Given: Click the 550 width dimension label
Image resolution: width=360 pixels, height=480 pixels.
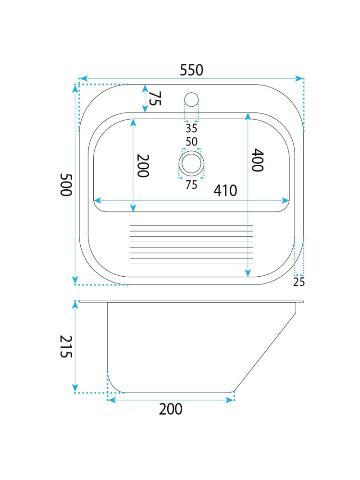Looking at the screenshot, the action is pyautogui.click(x=191, y=70).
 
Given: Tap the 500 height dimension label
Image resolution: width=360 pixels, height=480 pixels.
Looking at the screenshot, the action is pyautogui.click(x=66, y=185).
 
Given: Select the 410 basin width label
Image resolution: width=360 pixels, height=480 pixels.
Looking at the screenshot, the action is pyautogui.click(x=225, y=190).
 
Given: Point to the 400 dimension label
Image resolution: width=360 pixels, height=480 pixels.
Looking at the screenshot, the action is pyautogui.click(x=257, y=160).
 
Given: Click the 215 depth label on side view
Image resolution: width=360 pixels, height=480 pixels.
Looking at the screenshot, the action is pyautogui.click(x=66, y=346).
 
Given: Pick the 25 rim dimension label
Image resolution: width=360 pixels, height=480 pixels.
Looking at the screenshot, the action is pyautogui.click(x=299, y=282).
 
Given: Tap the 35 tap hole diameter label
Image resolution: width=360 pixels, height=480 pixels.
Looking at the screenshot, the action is pyautogui.click(x=191, y=128).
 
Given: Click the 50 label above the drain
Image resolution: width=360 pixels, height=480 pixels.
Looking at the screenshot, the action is pyautogui.click(x=192, y=141).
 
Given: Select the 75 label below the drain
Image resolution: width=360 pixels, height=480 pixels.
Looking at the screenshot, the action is pyautogui.click(x=191, y=185).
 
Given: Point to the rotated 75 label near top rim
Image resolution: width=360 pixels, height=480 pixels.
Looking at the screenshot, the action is pyautogui.click(x=155, y=98).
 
